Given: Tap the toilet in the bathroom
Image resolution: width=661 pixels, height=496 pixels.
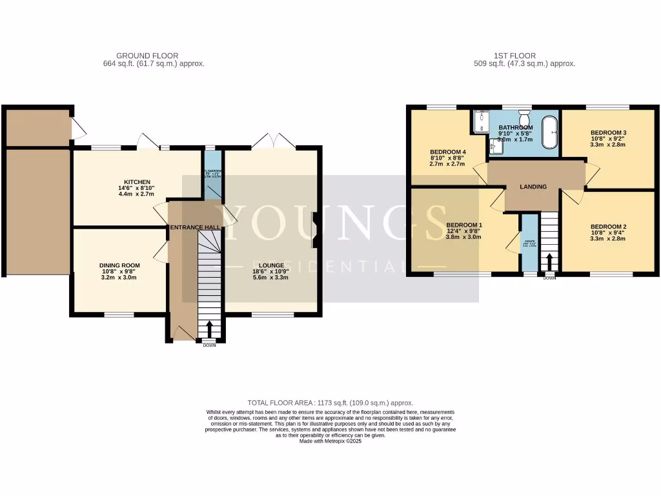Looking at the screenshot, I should [x=525, y=120].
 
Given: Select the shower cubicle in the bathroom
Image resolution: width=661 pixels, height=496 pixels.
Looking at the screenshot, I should [x=482, y=121].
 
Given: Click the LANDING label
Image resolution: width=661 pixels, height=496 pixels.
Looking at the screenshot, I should [x=534, y=187].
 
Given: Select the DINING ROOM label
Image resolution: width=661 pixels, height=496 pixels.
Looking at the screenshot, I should [x=119, y=265].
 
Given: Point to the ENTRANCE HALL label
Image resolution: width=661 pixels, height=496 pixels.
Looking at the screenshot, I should [x=194, y=228].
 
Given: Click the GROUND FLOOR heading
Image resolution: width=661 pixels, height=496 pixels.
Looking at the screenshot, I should [x=147, y=56].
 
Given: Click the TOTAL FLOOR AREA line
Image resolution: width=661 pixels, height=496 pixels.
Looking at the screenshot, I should [x=330, y=403].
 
